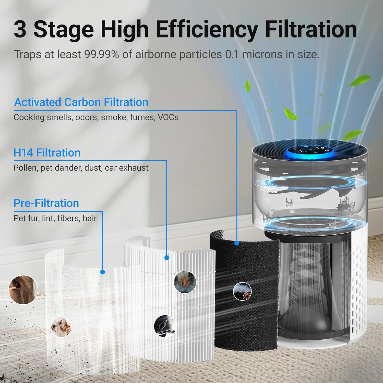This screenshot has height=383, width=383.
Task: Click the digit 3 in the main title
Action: click(x=20, y=30)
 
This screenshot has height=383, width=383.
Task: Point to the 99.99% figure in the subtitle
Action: click(x=101, y=54)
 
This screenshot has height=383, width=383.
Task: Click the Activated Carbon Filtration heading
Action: click(x=81, y=102)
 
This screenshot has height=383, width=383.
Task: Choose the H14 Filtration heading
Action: click(x=47, y=153)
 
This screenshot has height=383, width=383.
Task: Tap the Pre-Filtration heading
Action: click(x=46, y=203)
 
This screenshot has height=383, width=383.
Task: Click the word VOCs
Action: click(x=168, y=117)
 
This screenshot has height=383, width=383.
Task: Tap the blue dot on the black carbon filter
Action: click(x=237, y=243)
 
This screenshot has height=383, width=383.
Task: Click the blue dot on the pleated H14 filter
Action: click(x=167, y=258)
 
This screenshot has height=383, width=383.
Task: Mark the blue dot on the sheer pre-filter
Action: click(x=102, y=272)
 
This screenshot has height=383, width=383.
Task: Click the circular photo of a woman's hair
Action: click(x=23, y=290)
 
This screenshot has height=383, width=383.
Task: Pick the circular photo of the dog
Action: click(x=61, y=327)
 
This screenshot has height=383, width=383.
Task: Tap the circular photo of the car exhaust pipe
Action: click(x=165, y=326)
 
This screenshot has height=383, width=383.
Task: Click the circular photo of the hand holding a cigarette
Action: click(x=242, y=292)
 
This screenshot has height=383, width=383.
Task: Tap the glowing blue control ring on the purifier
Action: click(x=309, y=153)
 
